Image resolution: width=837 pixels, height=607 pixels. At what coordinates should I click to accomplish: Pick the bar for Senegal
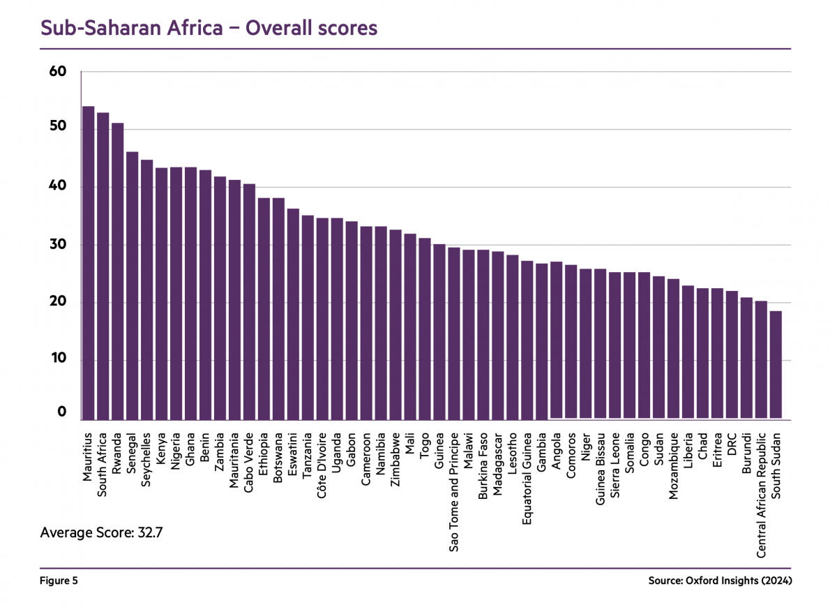(133, 285)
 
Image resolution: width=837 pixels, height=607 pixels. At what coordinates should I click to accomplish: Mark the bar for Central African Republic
(761, 360)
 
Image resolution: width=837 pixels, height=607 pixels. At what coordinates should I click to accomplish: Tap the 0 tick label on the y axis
(61, 412)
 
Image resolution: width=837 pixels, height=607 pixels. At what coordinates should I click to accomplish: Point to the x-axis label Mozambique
(673, 460)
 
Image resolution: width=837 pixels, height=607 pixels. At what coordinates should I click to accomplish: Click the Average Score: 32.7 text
(102, 533)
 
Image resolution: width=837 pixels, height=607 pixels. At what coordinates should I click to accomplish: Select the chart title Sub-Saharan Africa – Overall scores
(209, 28)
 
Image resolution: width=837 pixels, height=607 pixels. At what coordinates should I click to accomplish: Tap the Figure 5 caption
(59, 580)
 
